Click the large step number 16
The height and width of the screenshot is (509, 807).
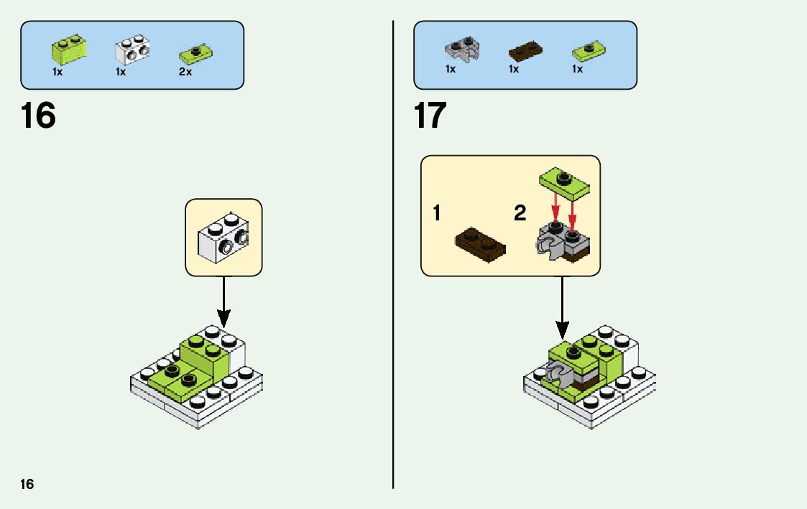[38, 116]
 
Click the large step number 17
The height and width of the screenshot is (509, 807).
[430, 116]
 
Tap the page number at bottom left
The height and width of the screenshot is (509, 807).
[27, 484]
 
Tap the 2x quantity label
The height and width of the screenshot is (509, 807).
[185, 72]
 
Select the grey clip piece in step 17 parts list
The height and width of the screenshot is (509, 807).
[463, 50]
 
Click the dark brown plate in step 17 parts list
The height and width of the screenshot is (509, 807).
[525, 51]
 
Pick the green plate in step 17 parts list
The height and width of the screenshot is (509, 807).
[589, 52]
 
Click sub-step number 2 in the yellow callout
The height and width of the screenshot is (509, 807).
[520, 213]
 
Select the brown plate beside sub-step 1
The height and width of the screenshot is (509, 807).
[480, 243]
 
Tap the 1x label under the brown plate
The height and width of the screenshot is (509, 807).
[514, 70]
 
